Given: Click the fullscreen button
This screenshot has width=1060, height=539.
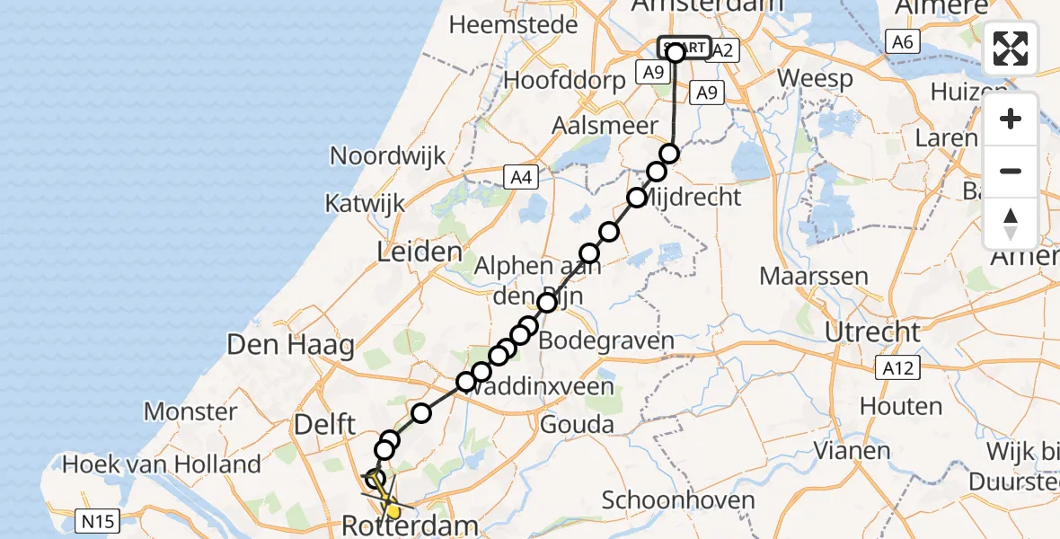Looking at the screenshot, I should (1011, 49).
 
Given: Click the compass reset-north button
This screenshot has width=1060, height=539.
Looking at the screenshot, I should (1011, 224).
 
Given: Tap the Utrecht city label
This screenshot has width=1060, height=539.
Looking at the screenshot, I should (872, 332).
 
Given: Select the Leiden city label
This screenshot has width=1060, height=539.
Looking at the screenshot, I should (419, 252).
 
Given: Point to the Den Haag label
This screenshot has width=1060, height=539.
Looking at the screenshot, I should (291, 344).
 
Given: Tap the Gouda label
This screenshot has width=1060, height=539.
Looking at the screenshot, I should (577, 424).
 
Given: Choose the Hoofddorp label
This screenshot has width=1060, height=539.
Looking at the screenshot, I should (564, 79).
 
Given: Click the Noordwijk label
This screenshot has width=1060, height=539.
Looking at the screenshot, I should (388, 155).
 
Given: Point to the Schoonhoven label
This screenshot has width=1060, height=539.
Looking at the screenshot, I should (671, 499).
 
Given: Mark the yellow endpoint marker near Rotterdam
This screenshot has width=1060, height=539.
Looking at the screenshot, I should (393, 512).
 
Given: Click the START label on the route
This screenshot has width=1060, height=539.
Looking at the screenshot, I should (685, 48).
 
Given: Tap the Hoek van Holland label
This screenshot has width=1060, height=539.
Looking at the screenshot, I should (162, 464).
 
